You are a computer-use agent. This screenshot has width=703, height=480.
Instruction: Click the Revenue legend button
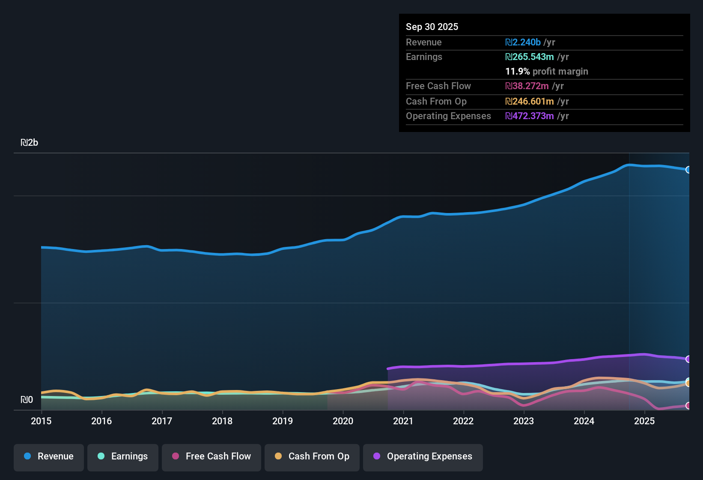(49, 456)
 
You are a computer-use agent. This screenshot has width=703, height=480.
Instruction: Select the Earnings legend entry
(122, 456)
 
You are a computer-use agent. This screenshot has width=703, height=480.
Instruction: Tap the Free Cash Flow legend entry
(211, 456)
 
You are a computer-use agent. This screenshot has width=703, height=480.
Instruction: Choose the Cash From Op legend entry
(312, 456)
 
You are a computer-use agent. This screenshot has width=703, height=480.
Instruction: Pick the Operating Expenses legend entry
(423, 456)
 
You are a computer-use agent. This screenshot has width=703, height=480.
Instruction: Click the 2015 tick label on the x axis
(41, 421)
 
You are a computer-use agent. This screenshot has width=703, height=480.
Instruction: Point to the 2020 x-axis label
(343, 421)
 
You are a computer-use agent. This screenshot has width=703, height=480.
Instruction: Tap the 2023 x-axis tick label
(524, 421)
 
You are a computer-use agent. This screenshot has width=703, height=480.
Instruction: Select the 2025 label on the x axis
(644, 421)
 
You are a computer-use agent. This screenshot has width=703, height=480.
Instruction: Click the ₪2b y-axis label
(30, 143)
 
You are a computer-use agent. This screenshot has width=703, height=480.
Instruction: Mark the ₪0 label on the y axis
(27, 400)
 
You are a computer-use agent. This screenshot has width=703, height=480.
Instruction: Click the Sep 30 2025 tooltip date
(432, 27)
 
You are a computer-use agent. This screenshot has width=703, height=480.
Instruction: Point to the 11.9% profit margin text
(547, 72)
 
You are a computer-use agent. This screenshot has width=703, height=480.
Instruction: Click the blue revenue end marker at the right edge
(688, 170)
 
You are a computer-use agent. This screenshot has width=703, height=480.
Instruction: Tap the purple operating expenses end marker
(688, 359)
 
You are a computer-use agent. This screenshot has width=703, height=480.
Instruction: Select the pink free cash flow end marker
(688, 405)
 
